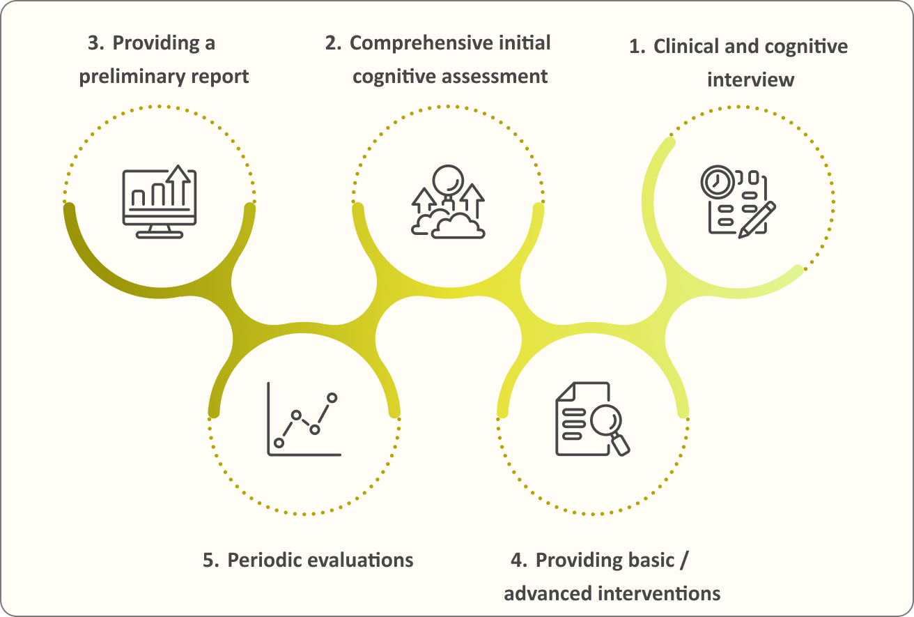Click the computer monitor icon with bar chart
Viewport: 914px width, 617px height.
tap(160, 201)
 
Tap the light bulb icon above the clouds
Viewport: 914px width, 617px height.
tap(448, 183)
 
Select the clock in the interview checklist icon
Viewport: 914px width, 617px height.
tap(718, 182)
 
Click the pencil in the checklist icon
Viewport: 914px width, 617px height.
tap(757, 220)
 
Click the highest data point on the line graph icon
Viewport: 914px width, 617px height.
tap(332, 397)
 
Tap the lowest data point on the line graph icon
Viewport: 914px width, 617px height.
tap(279, 443)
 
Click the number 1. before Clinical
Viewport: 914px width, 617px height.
tap(637, 47)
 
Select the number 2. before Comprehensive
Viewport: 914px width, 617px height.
tap(334, 43)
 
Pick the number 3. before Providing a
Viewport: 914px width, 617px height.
tap(96, 43)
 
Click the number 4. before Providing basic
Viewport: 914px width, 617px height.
tap(519, 561)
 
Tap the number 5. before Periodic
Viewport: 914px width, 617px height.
tap(211, 561)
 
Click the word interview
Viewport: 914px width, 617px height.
tap(751, 79)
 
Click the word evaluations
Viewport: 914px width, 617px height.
tap(360, 560)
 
